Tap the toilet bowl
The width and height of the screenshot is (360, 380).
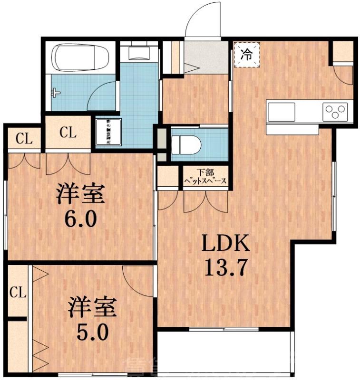point(183,143)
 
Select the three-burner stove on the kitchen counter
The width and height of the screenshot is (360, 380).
point(335,112)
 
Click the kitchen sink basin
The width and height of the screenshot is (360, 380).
point(281,112)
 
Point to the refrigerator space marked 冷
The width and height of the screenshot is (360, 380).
point(246,54)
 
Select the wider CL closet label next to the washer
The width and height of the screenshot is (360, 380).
point(68,133)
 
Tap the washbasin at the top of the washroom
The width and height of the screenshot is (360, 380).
point(139,52)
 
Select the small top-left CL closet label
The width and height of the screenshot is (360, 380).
point(24,139)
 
